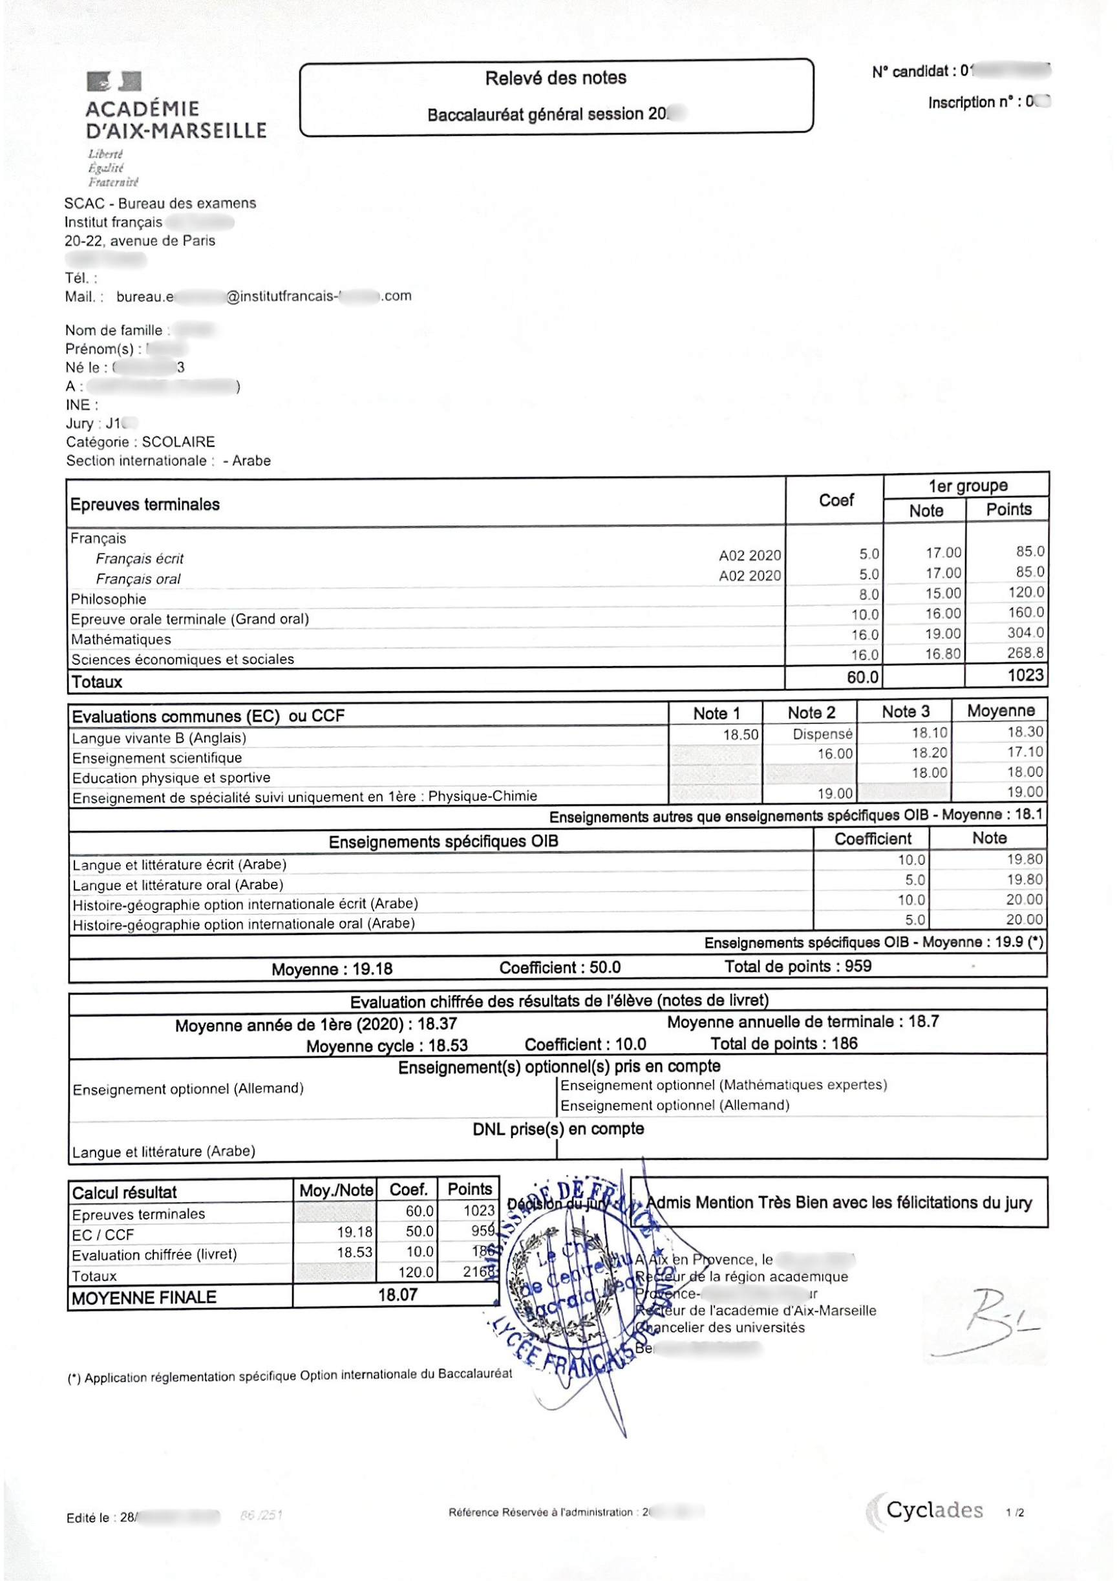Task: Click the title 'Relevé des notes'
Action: (x=555, y=78)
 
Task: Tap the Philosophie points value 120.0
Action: (x=1025, y=592)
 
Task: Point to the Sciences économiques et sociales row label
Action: (x=182, y=659)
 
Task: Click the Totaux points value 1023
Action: (x=1025, y=675)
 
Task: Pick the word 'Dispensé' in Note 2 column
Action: (x=822, y=734)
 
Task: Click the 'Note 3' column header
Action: (x=905, y=712)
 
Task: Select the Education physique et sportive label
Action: (x=171, y=777)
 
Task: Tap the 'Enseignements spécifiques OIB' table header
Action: (x=443, y=841)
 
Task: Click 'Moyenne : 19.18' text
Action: (x=332, y=969)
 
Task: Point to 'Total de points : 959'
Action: (x=798, y=966)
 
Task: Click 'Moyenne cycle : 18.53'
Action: (x=387, y=1046)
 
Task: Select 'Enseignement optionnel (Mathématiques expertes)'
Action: (x=723, y=1085)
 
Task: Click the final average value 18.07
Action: (x=398, y=1295)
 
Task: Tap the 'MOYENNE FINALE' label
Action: (x=144, y=1297)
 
